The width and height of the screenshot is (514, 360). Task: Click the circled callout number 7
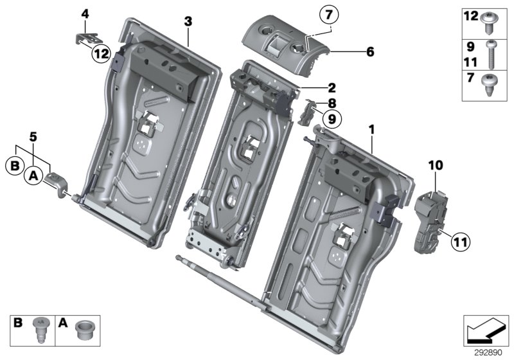coord(328,15)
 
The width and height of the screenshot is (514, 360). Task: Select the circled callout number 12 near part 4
coord(100,55)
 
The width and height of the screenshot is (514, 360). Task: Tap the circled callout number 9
coord(332,118)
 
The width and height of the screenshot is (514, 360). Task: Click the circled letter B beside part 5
coord(15,165)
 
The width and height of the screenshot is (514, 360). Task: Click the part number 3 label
coord(188,21)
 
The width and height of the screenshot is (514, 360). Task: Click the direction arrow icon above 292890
coord(484,330)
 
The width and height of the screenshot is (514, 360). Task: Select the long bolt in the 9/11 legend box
coord(490,57)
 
